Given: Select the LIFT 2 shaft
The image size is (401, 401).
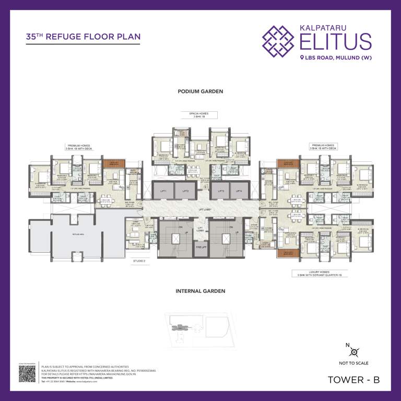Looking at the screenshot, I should click(x=185, y=191).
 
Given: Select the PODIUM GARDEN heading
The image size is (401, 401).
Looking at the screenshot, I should click(x=200, y=91).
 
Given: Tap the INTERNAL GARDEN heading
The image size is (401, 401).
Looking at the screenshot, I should click(x=200, y=291).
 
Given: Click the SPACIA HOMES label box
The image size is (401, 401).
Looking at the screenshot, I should click(x=200, y=115).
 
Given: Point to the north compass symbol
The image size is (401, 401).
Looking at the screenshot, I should click(x=355, y=352).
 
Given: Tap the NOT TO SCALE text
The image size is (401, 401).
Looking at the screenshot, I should click(x=355, y=363).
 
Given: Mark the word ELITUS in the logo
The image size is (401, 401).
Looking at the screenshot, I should click(x=336, y=41).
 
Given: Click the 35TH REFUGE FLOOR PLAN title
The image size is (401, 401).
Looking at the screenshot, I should click(x=83, y=37).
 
